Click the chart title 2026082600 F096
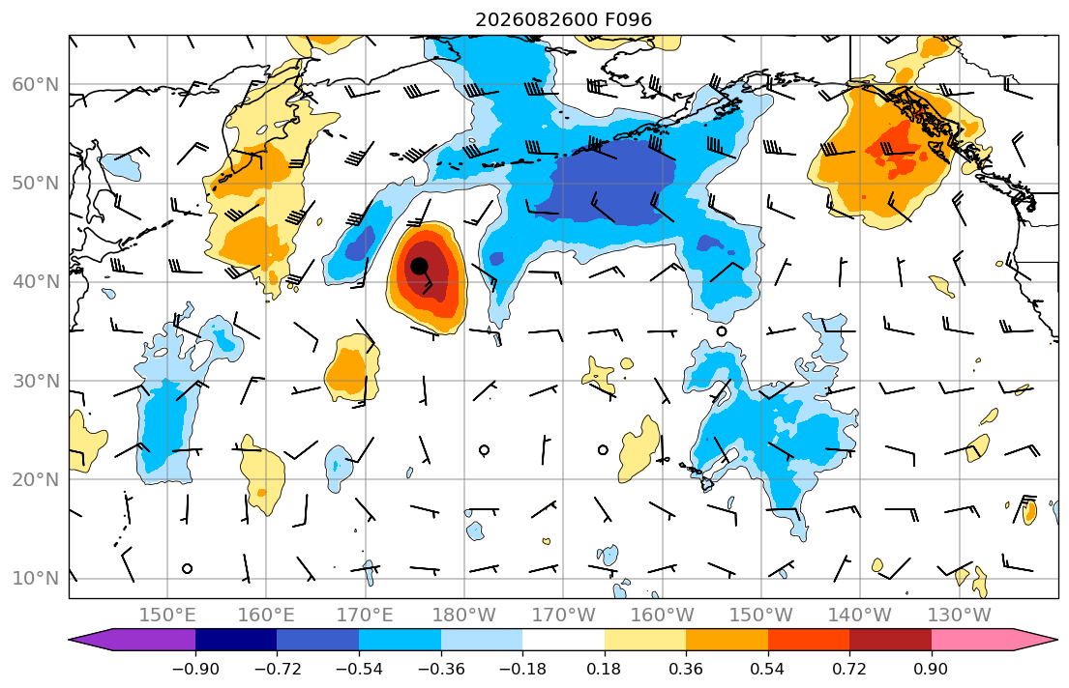563,19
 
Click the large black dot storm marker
419,266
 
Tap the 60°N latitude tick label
36,84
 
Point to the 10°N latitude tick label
36,579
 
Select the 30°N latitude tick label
36,381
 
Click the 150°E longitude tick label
167,616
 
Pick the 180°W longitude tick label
464,616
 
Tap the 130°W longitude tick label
960,616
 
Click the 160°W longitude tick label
662,616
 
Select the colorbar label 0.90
931,669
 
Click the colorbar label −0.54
359,669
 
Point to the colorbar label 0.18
604,669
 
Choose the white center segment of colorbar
563,640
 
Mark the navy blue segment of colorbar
236,640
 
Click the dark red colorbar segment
890,640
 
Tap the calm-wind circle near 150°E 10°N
188,569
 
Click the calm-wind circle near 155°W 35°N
722,331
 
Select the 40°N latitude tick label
36,282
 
